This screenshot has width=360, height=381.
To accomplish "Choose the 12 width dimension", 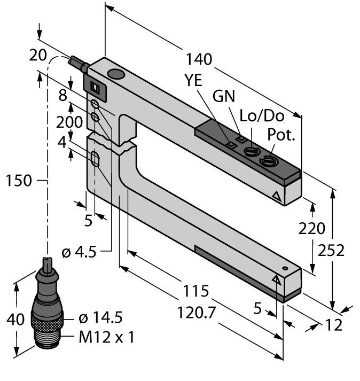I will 334,324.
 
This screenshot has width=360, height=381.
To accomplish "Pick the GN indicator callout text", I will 224,96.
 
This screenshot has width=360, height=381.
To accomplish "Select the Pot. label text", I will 282,135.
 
